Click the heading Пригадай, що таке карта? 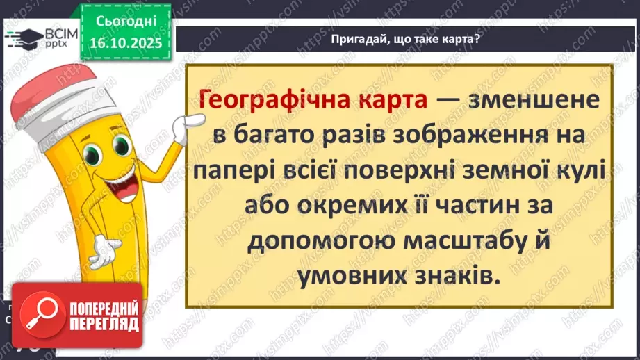pos(406,40)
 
